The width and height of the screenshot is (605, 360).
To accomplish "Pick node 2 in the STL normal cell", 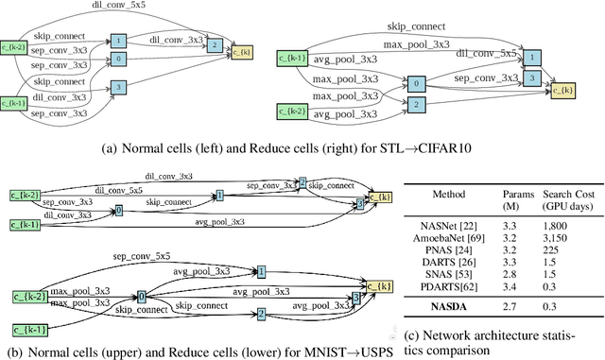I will pos(216,44).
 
